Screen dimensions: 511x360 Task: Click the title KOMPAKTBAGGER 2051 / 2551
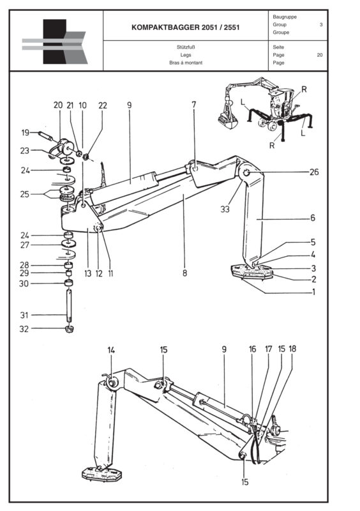tap(185, 28)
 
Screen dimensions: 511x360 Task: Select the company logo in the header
tap(54, 42)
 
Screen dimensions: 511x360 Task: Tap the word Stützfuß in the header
tap(185, 47)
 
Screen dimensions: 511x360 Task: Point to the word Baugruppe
tap(285, 17)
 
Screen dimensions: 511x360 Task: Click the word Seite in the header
tap(278, 47)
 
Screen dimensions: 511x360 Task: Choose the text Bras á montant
tap(185, 63)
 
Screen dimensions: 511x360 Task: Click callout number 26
tap(313, 172)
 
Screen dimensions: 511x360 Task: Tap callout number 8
tap(184, 273)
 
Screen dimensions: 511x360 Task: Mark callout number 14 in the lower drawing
tap(111, 350)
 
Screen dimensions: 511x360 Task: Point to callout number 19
tap(25, 133)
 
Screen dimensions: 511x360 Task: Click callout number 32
tap(25, 329)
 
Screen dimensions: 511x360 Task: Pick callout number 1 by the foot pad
tap(313, 293)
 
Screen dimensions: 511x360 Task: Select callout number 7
tap(193, 104)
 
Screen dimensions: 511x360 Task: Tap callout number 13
tap(87, 273)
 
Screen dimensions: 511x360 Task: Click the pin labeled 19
tap(46, 135)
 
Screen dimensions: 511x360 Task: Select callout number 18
tap(292, 350)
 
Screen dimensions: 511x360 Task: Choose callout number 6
tap(313, 218)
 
